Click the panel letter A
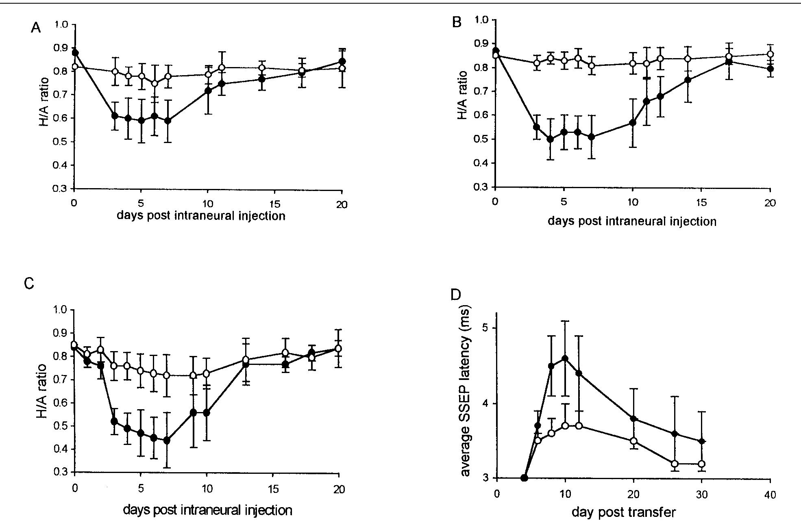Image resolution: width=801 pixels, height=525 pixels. click(36, 28)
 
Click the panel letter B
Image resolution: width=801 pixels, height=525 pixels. click(457, 22)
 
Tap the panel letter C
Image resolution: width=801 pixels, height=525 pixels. click(29, 283)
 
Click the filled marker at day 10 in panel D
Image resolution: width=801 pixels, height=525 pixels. click(565, 358)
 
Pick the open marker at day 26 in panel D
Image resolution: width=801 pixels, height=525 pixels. click(675, 464)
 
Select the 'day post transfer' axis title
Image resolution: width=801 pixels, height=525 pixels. click(623, 512)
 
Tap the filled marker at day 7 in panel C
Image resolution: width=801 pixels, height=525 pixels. click(166, 440)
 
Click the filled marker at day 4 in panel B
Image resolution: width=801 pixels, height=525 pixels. click(550, 139)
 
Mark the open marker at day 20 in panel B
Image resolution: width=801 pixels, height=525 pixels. click(770, 54)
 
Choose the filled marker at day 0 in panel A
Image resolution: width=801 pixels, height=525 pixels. click(74, 53)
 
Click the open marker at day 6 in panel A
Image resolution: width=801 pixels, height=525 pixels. click(155, 83)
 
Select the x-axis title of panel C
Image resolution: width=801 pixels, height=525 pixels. click(207, 510)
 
